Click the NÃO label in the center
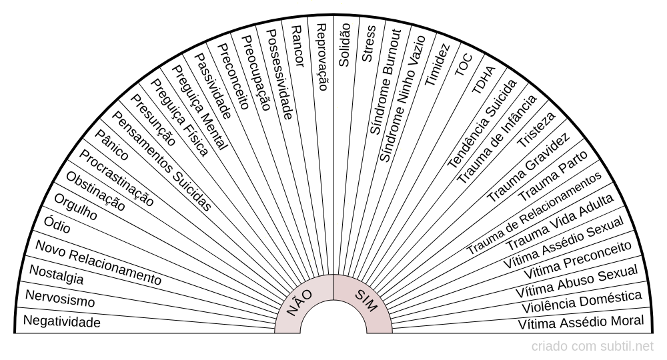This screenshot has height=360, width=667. point(299,303)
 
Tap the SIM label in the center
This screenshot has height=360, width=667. point(366,301)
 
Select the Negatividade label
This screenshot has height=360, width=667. point(61,321)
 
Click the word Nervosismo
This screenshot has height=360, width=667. point(60,299)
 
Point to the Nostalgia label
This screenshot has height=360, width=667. point(56,274)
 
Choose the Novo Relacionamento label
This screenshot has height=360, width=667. point(98,262)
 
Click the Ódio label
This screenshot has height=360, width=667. point(57,224)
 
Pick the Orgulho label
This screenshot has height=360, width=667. point(76,207)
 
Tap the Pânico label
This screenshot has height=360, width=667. point(111,145)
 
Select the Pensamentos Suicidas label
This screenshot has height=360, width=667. point(161,161)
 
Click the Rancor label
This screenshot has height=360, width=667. point(297,46)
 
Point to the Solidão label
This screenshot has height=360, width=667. point(344,45)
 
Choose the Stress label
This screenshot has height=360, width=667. point(368,43)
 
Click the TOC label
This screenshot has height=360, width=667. point(464,65)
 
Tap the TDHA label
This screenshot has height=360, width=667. point(484,80)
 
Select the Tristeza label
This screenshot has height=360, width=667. point(536,129)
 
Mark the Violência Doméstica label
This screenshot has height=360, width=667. point(582,302)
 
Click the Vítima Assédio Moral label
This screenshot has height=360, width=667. point(581,322)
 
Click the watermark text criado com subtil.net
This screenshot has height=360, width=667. point(592,347)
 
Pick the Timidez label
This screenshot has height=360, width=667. point(437,65)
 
